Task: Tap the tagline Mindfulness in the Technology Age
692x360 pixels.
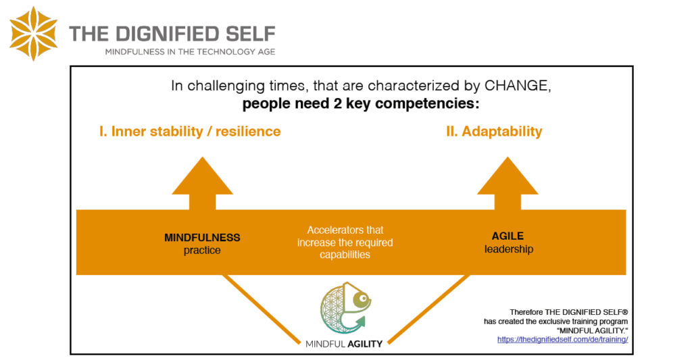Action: (189, 51)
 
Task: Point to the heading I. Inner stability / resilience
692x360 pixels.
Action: (189, 131)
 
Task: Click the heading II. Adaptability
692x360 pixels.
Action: (494, 131)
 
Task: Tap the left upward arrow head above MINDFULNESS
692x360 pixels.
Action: (202, 177)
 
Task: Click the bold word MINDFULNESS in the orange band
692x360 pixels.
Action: (202, 238)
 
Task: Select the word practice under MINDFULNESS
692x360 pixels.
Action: (202, 251)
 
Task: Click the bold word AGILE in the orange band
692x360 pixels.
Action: (508, 236)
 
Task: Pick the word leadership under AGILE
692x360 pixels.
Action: (508, 249)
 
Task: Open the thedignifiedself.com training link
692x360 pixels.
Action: (562, 339)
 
